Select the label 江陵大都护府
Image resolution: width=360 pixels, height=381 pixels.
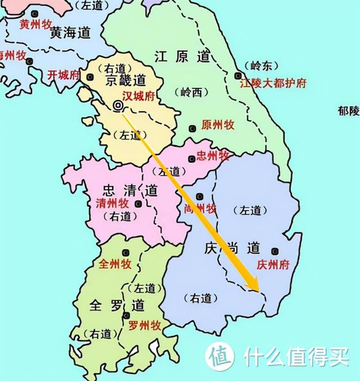[x=273, y=83]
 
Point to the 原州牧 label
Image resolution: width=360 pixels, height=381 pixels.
[x=217, y=125]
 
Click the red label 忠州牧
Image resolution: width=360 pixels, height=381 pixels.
[x=213, y=156]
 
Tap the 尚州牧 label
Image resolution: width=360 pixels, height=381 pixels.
[x=200, y=209]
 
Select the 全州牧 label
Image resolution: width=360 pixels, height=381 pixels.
[x=115, y=264]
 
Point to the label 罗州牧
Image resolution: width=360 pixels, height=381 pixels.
[x=145, y=325]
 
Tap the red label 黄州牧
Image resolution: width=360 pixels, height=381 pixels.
[x=35, y=24]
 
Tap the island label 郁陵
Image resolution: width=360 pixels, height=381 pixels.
[x=348, y=111]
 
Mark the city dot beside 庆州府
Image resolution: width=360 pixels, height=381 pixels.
[x=274, y=251]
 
